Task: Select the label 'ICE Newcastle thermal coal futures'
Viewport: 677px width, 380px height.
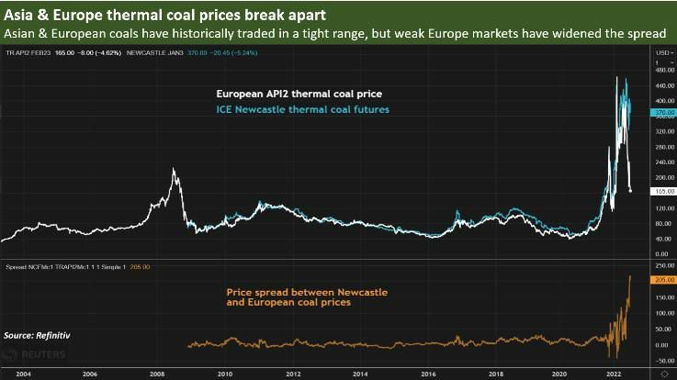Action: (x=302, y=109)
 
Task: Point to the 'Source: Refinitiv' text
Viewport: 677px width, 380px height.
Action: (x=38, y=337)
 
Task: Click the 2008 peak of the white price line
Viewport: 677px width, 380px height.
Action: (x=173, y=170)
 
